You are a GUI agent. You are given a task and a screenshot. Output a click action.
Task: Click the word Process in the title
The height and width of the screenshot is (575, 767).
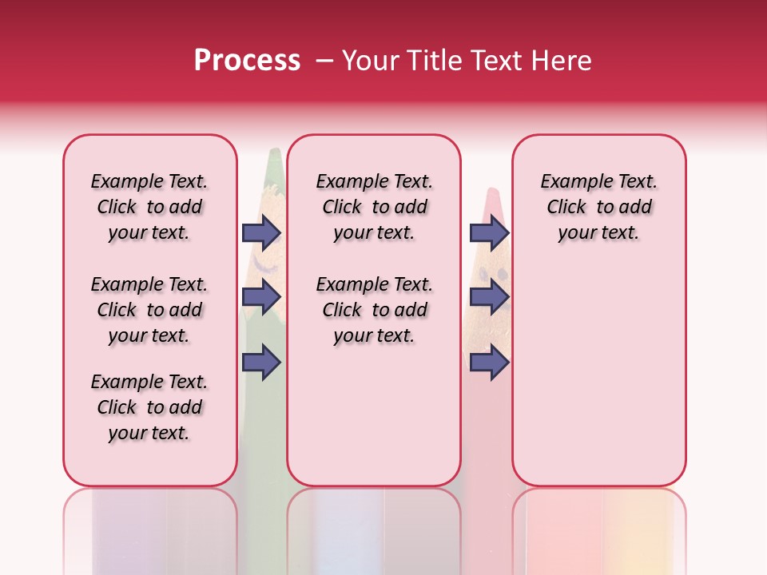[x=247, y=61]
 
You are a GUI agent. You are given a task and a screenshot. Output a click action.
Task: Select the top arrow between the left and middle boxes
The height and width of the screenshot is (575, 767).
[x=261, y=232]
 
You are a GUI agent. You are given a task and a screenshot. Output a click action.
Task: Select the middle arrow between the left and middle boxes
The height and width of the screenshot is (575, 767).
[x=261, y=297]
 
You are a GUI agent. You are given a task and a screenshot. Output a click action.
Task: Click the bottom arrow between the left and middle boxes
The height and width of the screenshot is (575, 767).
[x=261, y=362]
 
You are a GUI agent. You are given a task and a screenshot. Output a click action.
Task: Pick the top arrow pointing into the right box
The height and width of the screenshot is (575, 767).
[x=489, y=232]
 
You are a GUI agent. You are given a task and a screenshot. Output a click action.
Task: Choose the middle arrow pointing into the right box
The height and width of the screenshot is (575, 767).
[x=489, y=297]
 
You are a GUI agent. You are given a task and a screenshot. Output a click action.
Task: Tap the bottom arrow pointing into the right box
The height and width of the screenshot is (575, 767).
[x=489, y=362]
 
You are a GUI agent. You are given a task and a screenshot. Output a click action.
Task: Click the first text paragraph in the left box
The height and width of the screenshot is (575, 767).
[x=149, y=207]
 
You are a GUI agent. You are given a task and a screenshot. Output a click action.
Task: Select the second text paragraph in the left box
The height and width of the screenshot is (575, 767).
[x=149, y=310]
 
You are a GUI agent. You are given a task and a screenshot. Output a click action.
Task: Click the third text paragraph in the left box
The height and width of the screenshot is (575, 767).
[x=149, y=407]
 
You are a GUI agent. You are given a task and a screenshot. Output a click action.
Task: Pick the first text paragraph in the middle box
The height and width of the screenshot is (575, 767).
[x=375, y=207]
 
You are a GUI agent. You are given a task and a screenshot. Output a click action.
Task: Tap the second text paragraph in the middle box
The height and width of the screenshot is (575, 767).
[x=375, y=310]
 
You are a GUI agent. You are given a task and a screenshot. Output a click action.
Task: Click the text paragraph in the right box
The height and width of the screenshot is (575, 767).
[x=598, y=207]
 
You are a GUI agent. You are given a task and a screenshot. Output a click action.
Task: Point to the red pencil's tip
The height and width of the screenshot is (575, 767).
[x=493, y=194]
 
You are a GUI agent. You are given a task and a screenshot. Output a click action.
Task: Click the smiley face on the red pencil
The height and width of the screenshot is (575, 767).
[x=493, y=274]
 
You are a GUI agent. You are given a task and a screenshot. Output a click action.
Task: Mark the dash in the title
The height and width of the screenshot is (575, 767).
[x=324, y=61]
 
